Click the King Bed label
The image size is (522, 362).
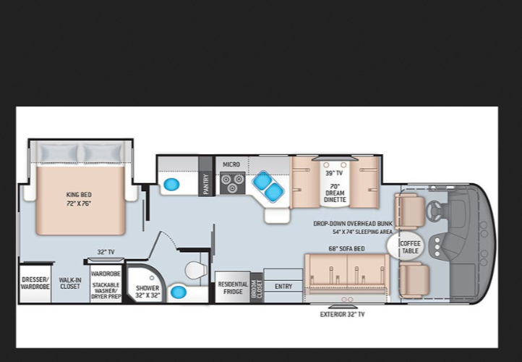click(79, 195)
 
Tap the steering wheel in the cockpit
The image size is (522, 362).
click(433, 210)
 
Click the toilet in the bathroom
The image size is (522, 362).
click(196, 269)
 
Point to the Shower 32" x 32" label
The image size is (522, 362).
click(147, 291)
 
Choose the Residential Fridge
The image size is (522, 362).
click(233, 287)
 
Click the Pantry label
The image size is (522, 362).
click(206, 184)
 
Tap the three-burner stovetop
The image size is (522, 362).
click(233, 183)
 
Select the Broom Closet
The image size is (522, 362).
click(257, 287)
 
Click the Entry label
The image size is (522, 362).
click(283, 286)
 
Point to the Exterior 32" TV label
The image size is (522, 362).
click(342, 314)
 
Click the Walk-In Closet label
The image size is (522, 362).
click(70, 283)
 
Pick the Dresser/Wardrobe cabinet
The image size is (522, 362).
click(35, 283)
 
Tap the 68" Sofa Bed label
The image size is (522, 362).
click(346, 248)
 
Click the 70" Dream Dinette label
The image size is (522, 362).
click(335, 193)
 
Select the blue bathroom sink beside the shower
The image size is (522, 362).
click(179, 292)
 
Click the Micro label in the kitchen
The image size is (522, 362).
click(231, 164)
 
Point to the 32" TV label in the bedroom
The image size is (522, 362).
click(106, 252)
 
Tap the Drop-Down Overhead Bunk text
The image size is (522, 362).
click(353, 224)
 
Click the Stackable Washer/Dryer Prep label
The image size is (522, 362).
click(106, 290)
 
